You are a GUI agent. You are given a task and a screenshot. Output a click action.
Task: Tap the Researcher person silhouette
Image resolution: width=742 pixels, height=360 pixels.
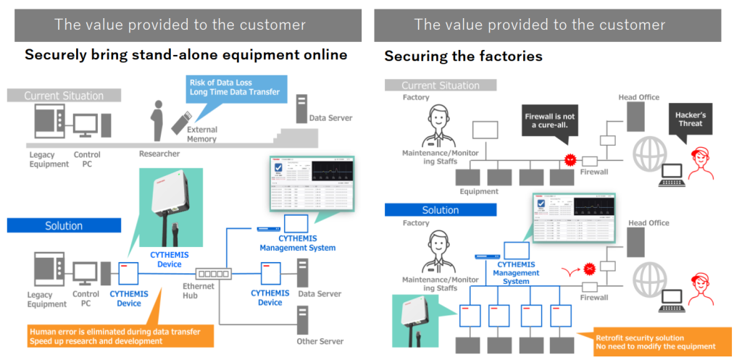tap(154, 120)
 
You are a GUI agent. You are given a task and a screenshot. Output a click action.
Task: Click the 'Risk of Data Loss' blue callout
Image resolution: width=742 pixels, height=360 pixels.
tap(233, 87)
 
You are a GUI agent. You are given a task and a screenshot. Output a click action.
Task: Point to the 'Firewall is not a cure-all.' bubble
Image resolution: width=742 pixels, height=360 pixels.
tap(547, 120)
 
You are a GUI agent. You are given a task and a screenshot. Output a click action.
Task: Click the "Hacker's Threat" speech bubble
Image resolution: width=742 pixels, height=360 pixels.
tap(688, 120)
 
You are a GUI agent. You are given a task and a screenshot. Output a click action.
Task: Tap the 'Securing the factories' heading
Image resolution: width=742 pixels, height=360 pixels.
tap(463, 56)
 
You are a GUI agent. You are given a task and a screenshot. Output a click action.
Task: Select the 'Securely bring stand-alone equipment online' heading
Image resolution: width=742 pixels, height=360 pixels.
tap(185, 54)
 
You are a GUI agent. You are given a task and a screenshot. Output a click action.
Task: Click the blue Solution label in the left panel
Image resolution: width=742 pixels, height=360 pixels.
tap(64, 225)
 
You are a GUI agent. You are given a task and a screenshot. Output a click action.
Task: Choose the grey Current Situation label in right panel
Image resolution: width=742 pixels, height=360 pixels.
tap(440, 85)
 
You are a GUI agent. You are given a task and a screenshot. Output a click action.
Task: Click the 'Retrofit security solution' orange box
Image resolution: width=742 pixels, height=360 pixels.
tap(655, 342)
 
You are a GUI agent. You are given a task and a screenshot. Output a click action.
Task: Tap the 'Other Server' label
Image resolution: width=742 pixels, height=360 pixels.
tap(320, 341)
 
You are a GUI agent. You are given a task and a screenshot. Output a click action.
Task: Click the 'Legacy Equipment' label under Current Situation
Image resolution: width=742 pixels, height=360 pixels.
tap(49, 159)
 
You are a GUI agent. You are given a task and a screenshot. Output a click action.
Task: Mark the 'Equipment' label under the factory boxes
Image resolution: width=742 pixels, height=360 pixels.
tap(479, 192)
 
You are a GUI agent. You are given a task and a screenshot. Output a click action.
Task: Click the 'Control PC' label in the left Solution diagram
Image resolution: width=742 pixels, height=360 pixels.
tap(86, 299)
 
